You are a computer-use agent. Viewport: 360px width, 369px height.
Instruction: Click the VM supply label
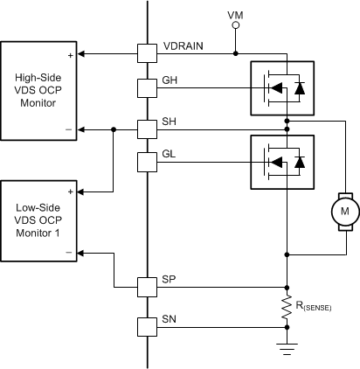tap(235, 16)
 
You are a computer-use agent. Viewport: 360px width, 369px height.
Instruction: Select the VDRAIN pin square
tap(146, 53)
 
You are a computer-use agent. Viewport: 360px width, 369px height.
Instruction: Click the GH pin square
tap(146, 87)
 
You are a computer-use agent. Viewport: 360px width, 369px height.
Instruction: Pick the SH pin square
tap(146, 129)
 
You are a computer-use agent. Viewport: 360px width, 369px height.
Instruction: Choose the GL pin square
tap(146, 161)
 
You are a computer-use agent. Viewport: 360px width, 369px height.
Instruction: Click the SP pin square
tap(146, 286)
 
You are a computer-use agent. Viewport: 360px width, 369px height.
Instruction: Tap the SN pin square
tap(146, 327)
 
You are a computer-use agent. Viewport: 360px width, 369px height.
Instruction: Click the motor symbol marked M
tap(343, 211)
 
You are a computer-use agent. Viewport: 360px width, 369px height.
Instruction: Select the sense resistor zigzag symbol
tap(287, 307)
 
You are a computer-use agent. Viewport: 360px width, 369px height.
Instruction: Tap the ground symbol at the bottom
tap(287, 347)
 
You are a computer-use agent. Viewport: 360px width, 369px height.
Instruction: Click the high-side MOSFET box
tap(282, 87)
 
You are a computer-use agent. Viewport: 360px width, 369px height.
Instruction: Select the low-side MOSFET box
tap(282, 161)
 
